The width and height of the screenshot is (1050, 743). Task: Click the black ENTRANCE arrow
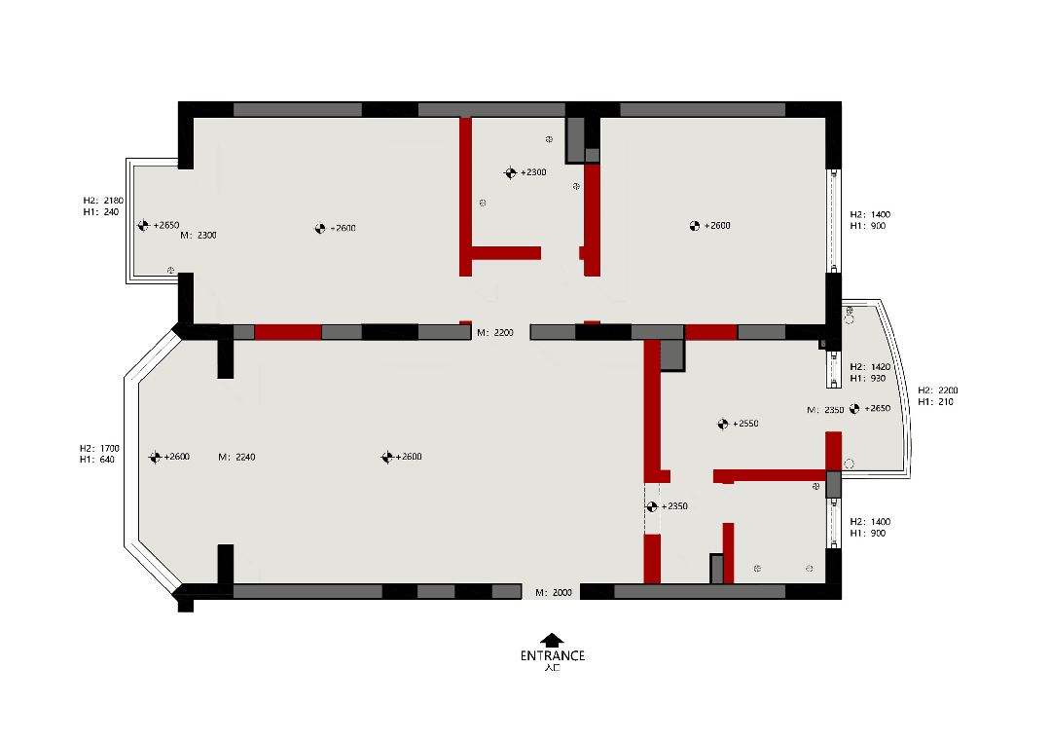(x=552, y=641)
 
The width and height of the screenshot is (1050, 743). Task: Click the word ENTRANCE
(x=553, y=656)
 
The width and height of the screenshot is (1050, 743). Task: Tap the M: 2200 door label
(x=495, y=332)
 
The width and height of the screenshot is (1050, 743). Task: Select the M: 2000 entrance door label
(x=554, y=592)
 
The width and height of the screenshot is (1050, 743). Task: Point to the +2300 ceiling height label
(x=533, y=172)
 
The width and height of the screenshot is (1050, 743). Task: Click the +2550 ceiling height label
(x=745, y=424)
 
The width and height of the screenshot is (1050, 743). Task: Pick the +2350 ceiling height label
(x=674, y=505)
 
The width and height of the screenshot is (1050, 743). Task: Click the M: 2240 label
(x=237, y=457)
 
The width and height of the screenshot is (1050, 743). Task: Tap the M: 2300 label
(x=199, y=235)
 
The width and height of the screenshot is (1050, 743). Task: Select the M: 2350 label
(x=825, y=409)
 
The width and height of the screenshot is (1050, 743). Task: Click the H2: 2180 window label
(x=103, y=201)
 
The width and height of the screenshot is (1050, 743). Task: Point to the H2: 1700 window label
(x=100, y=448)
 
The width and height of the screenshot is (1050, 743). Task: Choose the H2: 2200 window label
(x=938, y=390)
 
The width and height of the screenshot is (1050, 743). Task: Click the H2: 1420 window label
(x=871, y=366)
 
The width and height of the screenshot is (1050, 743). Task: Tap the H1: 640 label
(x=97, y=460)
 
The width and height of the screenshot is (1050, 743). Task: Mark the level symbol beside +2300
(x=510, y=173)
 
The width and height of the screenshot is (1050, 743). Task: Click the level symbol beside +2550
(x=723, y=424)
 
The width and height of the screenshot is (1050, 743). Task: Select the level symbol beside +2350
(x=652, y=506)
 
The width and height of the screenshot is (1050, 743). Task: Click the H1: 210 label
(x=935, y=401)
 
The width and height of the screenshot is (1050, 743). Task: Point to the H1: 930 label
(x=868, y=378)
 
